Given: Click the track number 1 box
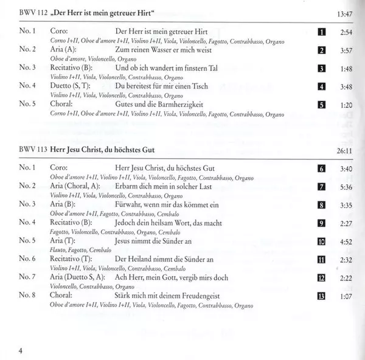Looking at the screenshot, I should point(322,32).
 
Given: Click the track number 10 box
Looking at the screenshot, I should point(322,241).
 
